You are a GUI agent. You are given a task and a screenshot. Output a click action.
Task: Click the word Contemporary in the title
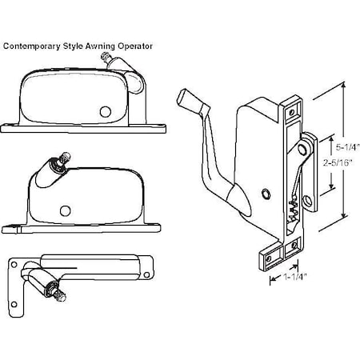[x=31, y=46]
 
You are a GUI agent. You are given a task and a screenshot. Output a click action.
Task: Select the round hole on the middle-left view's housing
[x=63, y=210]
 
